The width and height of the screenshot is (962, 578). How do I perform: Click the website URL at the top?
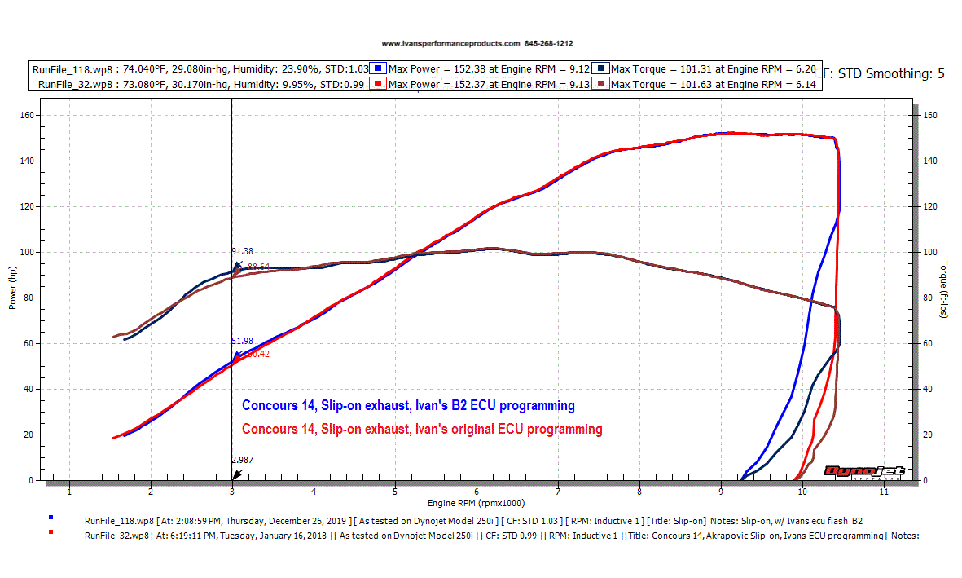450,43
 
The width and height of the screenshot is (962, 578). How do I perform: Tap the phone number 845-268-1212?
554,43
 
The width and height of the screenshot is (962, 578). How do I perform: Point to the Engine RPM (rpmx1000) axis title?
476,503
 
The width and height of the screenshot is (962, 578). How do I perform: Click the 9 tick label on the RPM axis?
721,492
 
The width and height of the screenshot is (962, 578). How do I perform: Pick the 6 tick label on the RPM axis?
477,492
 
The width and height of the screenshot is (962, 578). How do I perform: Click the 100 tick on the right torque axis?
929,253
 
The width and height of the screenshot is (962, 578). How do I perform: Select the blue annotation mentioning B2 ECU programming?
408,405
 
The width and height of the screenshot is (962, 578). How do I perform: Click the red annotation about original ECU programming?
422,429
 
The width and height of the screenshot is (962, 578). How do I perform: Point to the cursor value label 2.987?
243,460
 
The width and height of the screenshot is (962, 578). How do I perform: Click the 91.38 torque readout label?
243,251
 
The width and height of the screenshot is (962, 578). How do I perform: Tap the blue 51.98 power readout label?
243,342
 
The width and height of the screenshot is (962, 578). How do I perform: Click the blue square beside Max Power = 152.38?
379,68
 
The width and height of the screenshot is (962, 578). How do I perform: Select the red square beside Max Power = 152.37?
379,84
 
